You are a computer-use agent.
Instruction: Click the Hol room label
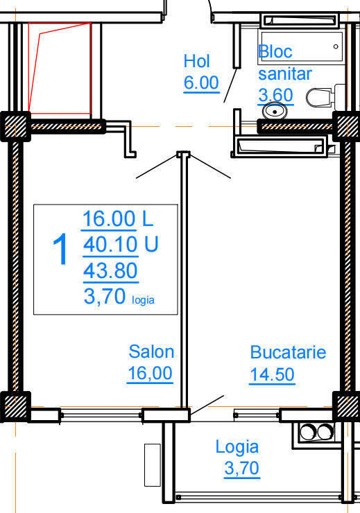[196, 61]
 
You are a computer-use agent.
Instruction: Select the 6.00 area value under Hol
[201, 82]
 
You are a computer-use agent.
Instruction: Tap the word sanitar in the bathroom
[285, 73]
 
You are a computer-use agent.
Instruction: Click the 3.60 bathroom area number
[275, 95]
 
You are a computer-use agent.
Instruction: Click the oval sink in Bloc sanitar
[275, 111]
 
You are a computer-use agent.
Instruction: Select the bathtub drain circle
[336, 46]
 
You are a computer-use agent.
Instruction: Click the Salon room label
[151, 351]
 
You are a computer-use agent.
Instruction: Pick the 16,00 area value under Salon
[151, 373]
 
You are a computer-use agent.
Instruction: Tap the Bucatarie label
[288, 352]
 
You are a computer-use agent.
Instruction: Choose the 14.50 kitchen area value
[273, 374]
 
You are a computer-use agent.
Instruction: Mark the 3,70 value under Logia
[242, 468]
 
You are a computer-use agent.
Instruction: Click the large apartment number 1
[60, 249]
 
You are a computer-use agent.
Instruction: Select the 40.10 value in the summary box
[110, 245]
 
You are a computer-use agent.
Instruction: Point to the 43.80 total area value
[110, 270]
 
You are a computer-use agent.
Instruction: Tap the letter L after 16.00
[148, 218]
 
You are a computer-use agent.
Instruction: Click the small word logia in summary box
[143, 300]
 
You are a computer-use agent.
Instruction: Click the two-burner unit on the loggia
[316, 432]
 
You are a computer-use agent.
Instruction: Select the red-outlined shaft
[60, 69]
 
